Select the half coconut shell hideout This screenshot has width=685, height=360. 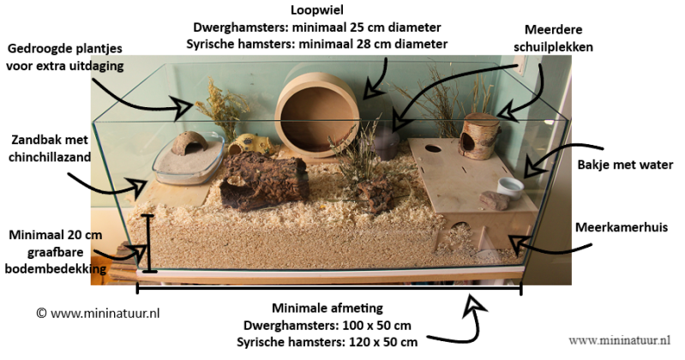(x=190, y=140)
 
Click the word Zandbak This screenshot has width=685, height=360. (x=31, y=139)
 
